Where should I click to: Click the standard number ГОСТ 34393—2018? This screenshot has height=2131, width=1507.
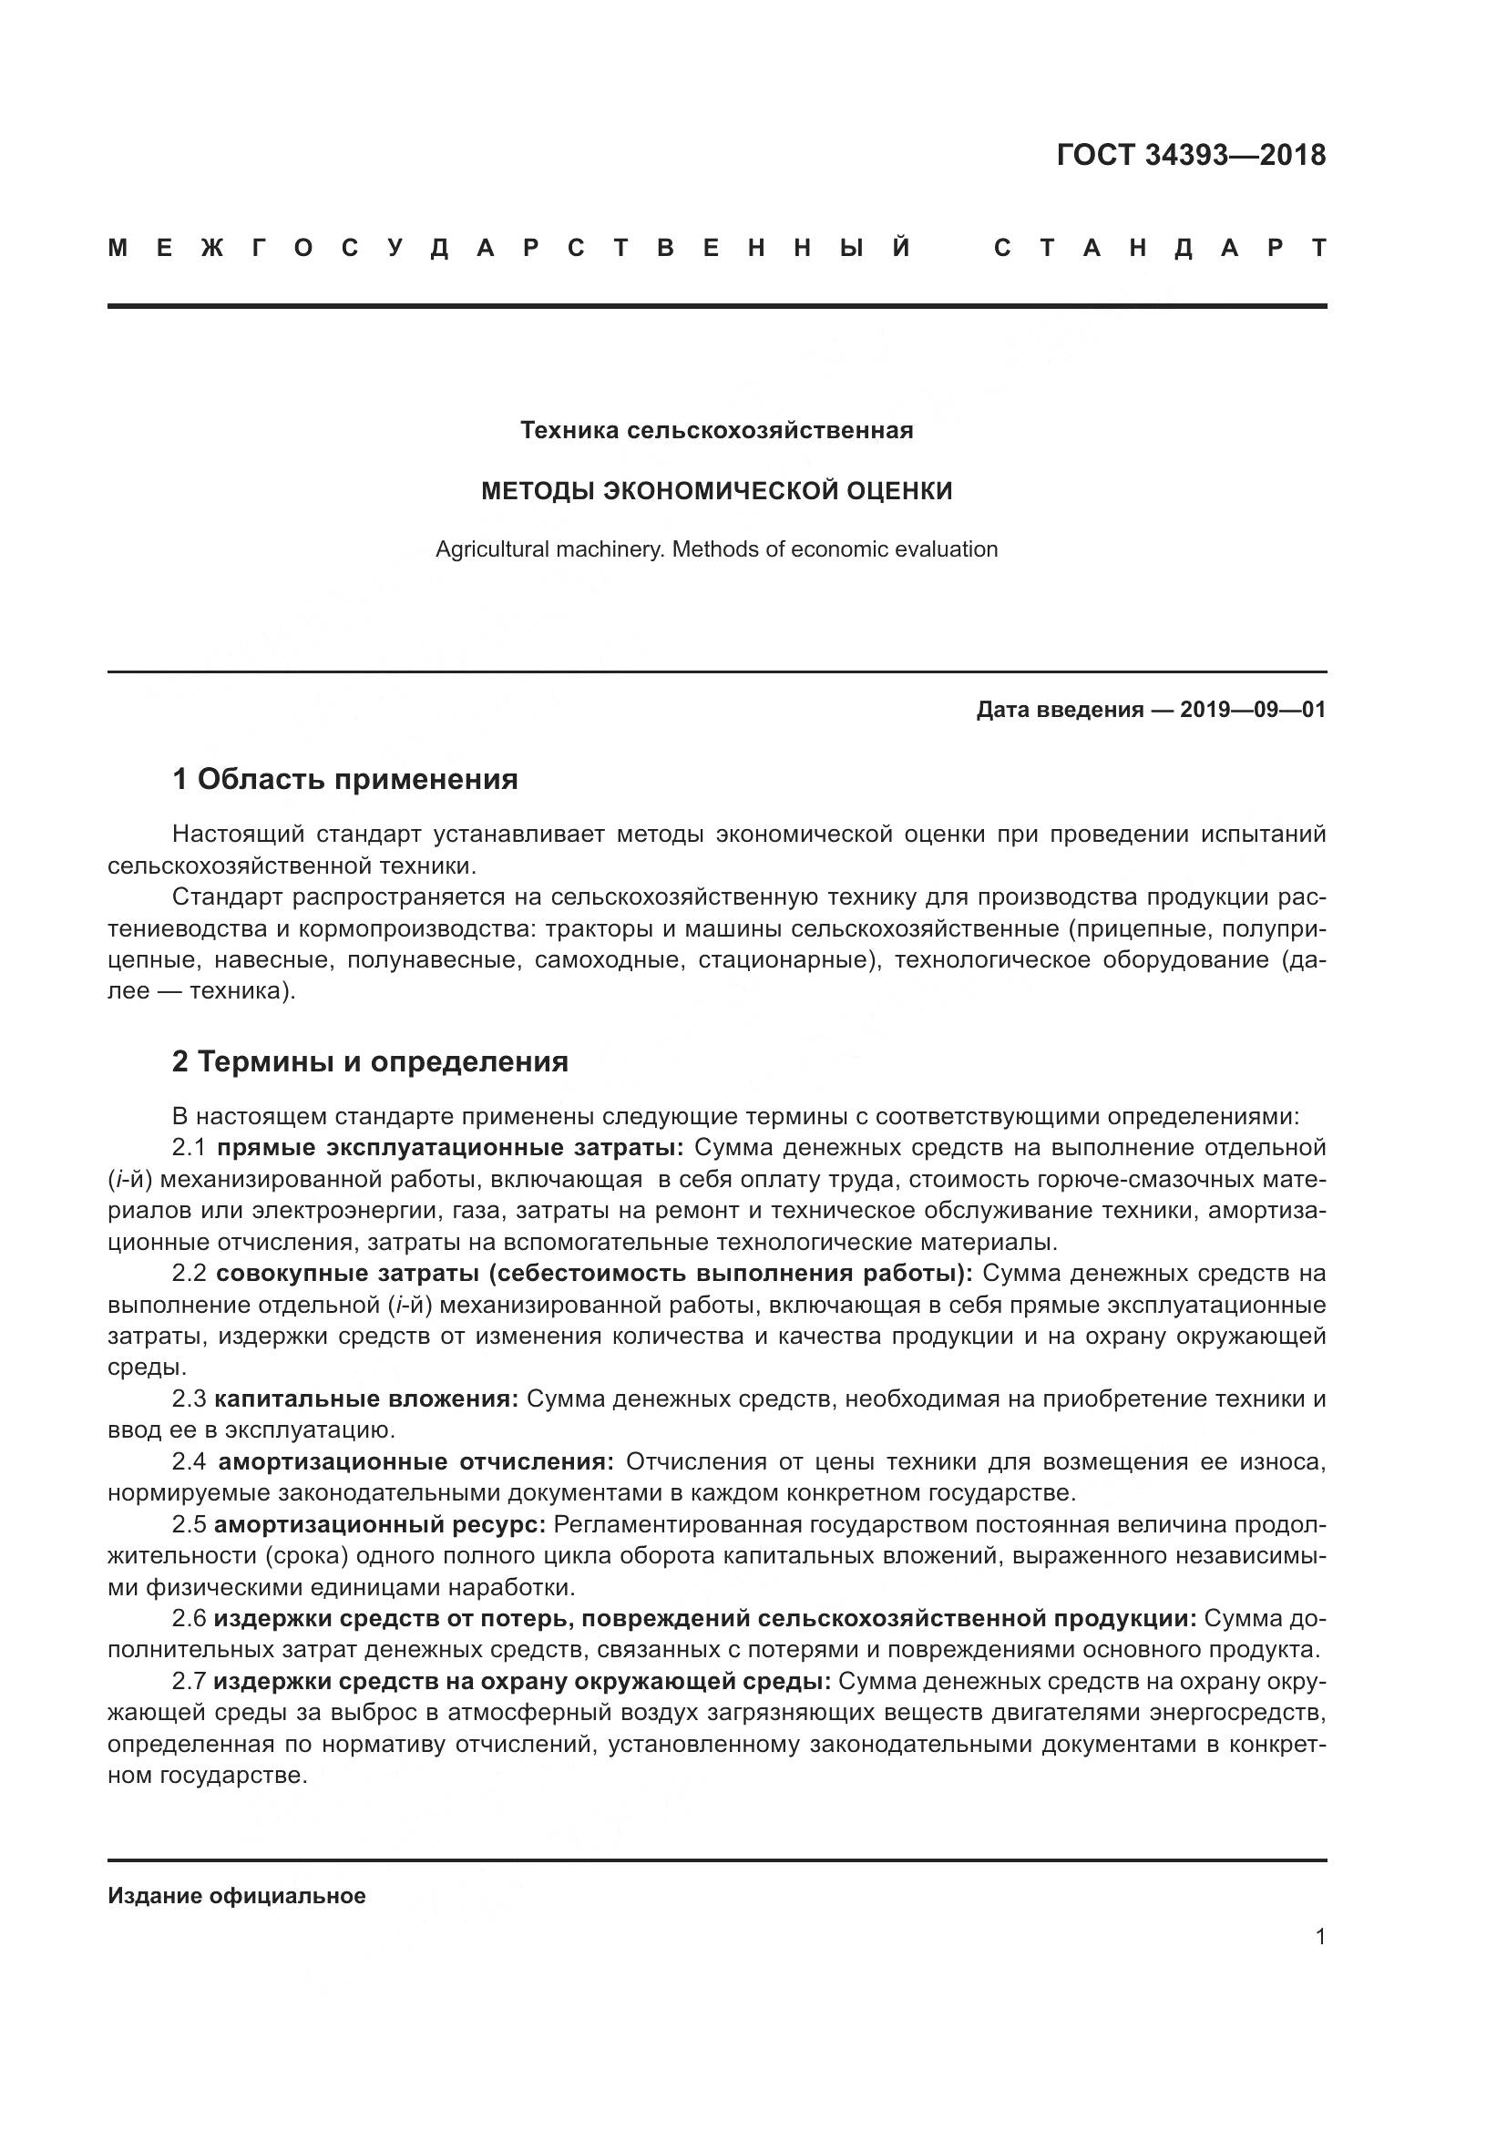(x=1191, y=155)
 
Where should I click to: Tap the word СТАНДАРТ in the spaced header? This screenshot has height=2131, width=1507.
(x=1159, y=249)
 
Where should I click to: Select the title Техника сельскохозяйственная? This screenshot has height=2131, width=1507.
(x=716, y=431)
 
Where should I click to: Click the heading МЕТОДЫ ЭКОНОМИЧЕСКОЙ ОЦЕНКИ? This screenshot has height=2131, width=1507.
(x=716, y=491)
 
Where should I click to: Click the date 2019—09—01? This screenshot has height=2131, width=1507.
(x=1252, y=710)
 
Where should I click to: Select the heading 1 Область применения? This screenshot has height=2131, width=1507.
(x=344, y=780)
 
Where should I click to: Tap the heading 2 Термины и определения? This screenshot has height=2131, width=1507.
(x=369, y=1061)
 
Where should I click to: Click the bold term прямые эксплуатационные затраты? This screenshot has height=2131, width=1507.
(x=449, y=1148)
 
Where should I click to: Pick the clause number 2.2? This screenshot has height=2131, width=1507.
(x=190, y=1274)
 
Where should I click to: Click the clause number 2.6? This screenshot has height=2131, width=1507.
(x=190, y=1620)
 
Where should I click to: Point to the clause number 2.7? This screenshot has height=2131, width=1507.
(x=190, y=1682)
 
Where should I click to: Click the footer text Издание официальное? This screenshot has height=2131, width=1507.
(x=237, y=1896)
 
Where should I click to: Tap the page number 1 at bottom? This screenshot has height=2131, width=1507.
(x=1320, y=1937)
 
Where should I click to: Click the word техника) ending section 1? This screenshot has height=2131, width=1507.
(x=242, y=991)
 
